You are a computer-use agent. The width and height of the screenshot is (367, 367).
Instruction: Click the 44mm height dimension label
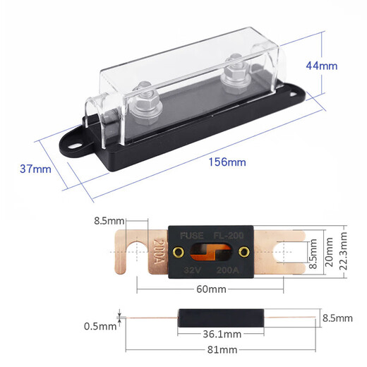[321, 66]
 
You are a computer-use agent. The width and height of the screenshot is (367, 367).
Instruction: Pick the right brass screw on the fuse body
[244, 252]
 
